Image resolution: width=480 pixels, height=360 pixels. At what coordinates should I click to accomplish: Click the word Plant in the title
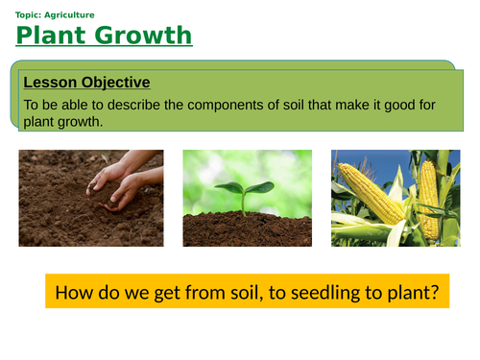48,36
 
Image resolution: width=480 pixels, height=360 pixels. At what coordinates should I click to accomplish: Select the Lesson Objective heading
85,83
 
